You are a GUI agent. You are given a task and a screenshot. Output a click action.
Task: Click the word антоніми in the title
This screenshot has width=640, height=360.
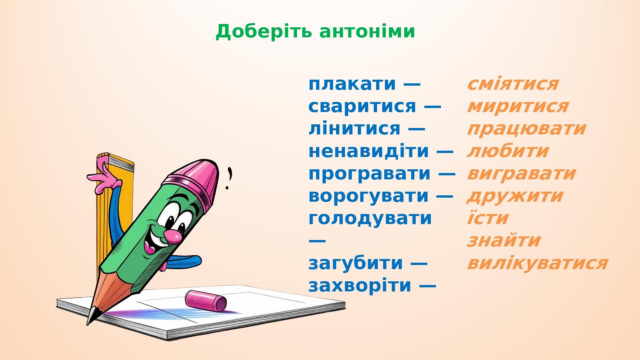(x=367, y=32)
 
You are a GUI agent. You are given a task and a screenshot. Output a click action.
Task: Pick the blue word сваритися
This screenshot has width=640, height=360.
(x=362, y=106)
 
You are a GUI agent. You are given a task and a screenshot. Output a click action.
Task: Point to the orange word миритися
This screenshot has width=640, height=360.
(x=518, y=106)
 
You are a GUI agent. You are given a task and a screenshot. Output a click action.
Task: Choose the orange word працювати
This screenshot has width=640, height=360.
(x=526, y=129)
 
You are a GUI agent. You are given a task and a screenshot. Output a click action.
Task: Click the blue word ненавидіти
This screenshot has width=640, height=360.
(x=369, y=151)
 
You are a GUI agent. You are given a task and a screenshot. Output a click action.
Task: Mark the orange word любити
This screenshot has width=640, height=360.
(x=508, y=151)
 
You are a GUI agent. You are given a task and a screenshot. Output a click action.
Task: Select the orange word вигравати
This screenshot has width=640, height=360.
(x=521, y=174)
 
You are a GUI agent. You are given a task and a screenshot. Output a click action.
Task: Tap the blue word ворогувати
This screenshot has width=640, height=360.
(x=369, y=196)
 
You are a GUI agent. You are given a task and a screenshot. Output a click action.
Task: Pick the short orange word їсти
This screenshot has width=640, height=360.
(x=488, y=218)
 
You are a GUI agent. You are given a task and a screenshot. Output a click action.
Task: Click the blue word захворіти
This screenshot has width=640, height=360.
(x=360, y=286)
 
